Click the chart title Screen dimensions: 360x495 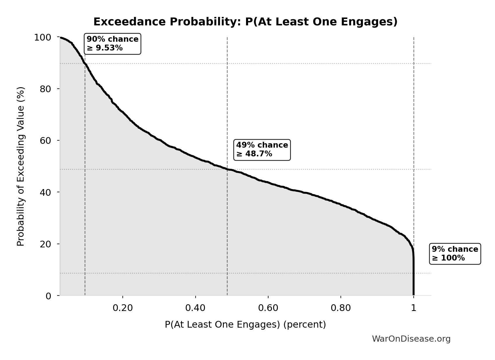(x=245, y=22)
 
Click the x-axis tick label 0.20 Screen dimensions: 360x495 (x=123, y=308)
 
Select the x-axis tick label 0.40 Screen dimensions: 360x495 (x=195, y=308)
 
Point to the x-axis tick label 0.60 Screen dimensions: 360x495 (x=268, y=308)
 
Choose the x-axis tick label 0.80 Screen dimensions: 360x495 (x=341, y=308)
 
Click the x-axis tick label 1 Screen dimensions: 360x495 (x=413, y=308)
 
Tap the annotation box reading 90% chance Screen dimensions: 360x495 (x=113, y=44)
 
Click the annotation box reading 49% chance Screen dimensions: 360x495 (x=262, y=150)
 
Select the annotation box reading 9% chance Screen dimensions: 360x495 (x=455, y=254)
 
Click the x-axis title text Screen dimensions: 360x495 (x=245, y=324)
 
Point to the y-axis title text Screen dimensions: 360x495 (x=21, y=166)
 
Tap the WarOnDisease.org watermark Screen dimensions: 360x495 (x=411, y=339)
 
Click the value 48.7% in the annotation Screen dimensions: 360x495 (x=258, y=154)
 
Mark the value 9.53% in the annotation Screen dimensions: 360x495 (x=109, y=48)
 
